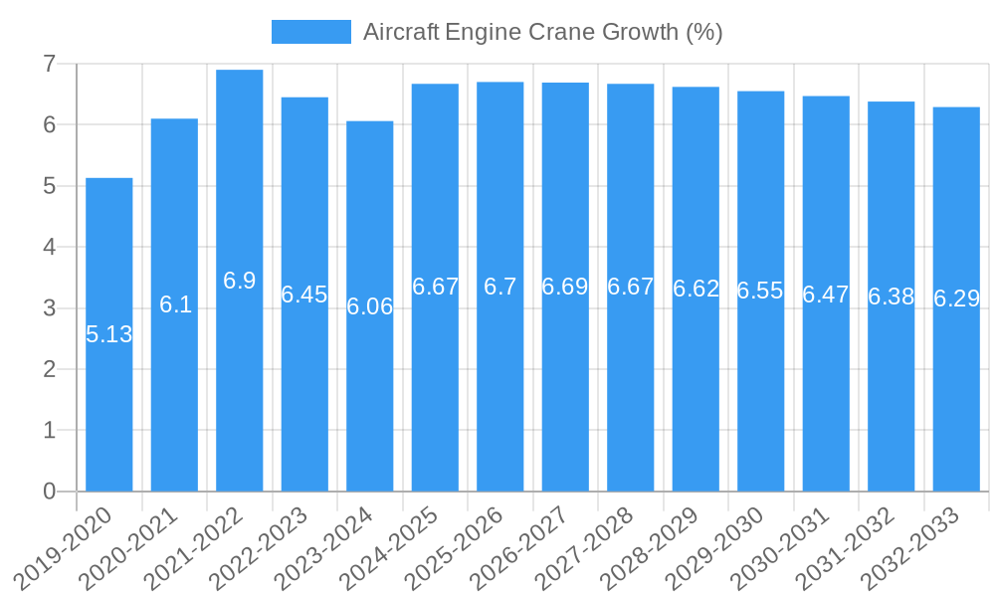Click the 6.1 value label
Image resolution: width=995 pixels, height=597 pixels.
point(175,304)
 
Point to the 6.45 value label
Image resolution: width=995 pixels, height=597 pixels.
point(304,295)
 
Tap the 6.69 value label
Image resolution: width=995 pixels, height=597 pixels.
point(565,287)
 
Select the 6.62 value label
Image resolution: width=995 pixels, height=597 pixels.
point(696,289)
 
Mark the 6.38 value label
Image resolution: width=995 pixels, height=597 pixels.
point(891,297)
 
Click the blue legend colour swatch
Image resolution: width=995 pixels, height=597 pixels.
point(310,32)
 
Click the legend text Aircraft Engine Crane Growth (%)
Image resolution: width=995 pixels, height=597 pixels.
point(542,32)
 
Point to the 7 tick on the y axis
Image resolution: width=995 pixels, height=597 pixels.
point(49,64)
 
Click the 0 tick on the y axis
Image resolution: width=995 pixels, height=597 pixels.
point(49,492)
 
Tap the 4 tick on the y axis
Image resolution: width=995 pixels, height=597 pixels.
point(49,247)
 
